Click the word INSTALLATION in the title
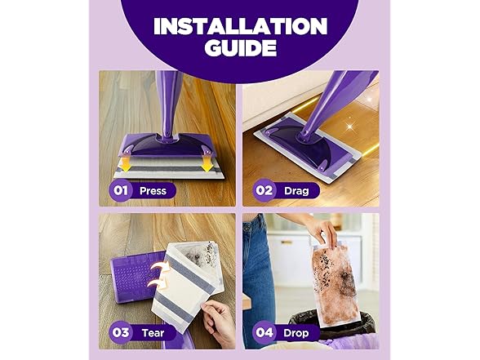[x=240, y=26]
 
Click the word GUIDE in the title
[x=241, y=47]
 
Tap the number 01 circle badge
[x=120, y=190]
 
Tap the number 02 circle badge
[x=264, y=190]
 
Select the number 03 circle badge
[x=120, y=332]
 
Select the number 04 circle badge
[x=264, y=332]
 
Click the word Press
[x=153, y=191]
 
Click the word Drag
[x=296, y=191]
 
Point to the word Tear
[x=153, y=333]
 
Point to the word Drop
[x=296, y=333]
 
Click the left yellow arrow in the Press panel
[x=126, y=164]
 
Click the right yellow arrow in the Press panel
[x=207, y=164]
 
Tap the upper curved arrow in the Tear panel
[x=160, y=267]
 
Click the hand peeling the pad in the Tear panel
[x=218, y=322]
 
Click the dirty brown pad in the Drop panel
[x=336, y=285]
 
